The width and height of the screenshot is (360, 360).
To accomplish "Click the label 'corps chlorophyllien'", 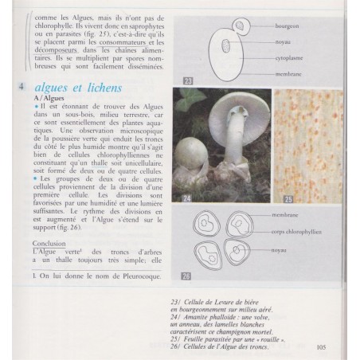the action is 301,231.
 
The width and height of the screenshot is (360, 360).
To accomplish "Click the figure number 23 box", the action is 189,80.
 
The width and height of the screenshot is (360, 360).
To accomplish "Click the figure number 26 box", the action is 188,276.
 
